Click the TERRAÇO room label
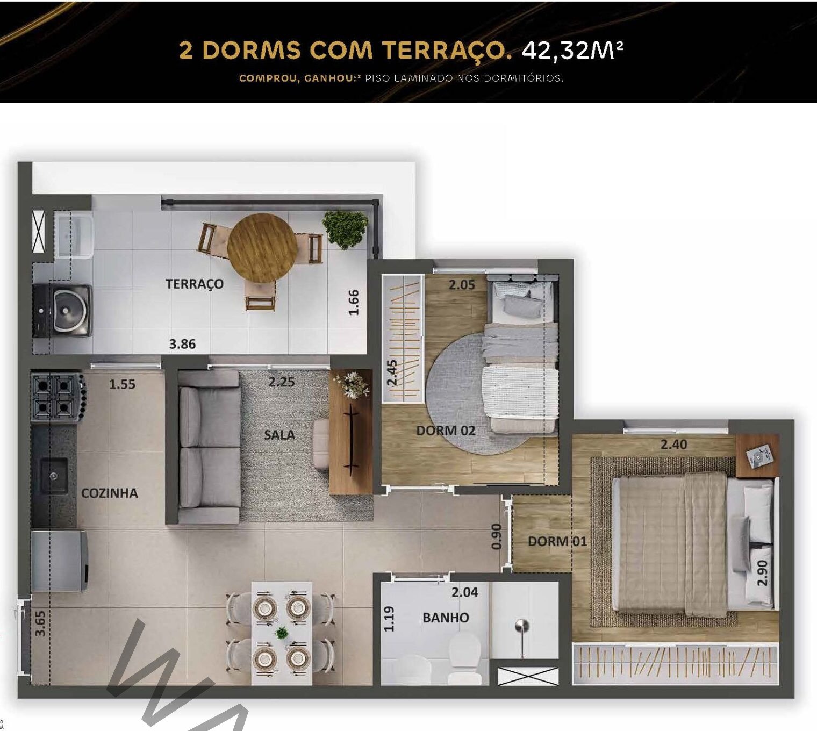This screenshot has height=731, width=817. [195, 284]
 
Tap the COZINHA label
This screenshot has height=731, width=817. [110, 493]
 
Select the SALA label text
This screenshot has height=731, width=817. [279, 435]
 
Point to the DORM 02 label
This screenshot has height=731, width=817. [446, 431]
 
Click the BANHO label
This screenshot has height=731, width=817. [446, 617]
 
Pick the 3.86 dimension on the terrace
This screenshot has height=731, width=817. [182, 344]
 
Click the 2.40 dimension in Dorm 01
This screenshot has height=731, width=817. [673, 445]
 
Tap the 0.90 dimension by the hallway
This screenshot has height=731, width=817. [497, 536]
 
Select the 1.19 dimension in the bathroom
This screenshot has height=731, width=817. [389, 619]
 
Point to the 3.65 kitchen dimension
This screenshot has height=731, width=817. [40, 623]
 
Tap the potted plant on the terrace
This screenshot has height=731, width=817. [345, 230]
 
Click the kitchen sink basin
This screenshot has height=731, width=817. [54, 476]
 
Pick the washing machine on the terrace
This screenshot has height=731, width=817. [62, 311]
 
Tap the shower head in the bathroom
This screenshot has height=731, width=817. [522, 626]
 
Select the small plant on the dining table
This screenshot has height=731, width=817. [282, 633]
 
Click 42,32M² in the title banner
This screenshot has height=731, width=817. [572, 51]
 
